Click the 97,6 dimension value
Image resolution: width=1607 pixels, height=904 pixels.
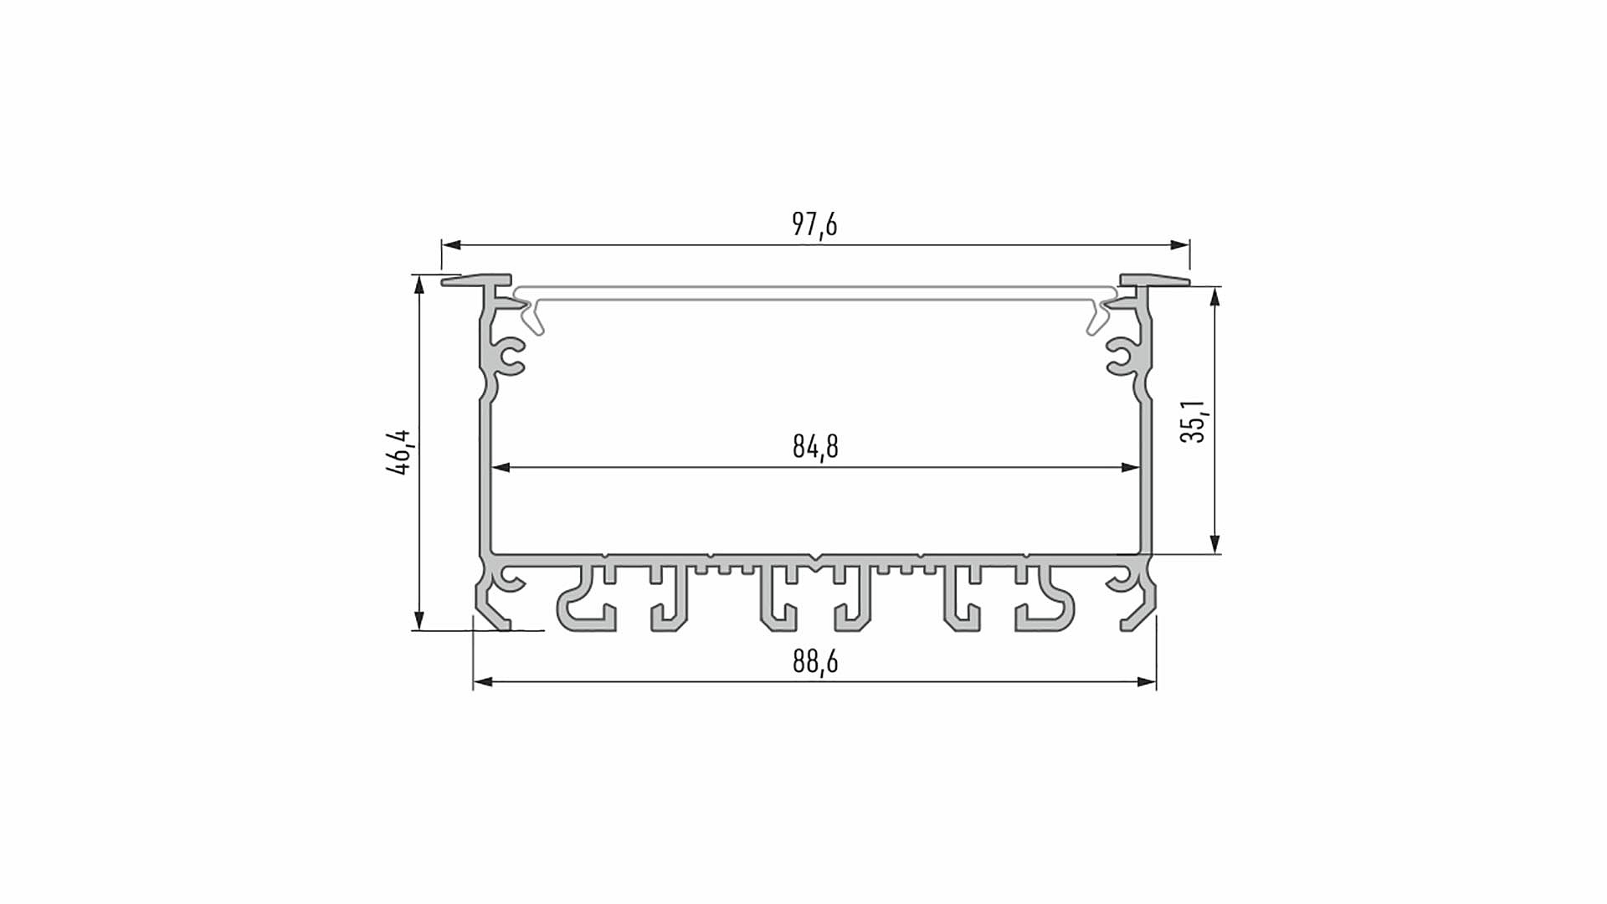814,224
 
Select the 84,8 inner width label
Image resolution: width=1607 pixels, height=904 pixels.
815,447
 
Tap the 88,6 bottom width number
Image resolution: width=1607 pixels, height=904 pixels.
815,662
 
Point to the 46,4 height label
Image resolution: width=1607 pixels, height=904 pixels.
398,452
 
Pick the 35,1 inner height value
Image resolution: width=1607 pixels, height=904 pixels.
1193,421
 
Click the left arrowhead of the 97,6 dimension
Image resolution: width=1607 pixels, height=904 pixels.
451,245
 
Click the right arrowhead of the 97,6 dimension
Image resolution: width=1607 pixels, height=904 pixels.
1180,245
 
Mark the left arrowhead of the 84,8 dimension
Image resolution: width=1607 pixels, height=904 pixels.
501,468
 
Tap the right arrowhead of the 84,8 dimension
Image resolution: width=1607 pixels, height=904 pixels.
1131,468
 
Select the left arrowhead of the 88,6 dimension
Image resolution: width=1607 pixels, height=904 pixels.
483,682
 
